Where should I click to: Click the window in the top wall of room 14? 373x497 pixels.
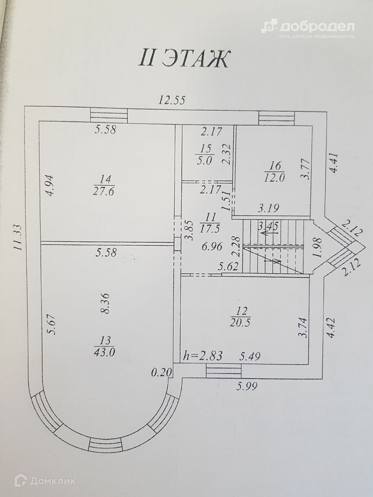pos(109,114)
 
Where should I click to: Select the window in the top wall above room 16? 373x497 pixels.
pos(277,118)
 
